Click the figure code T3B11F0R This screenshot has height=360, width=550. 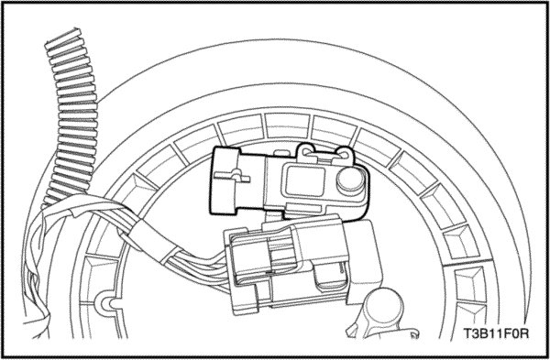[x=496, y=333]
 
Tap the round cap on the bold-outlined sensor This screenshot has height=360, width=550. [x=350, y=180]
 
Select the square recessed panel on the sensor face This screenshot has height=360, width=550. [x=305, y=180]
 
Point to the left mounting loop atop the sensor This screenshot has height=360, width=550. [x=307, y=152]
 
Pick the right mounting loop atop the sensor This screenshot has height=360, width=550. [x=344, y=154]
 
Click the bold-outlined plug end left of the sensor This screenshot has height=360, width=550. [x=225, y=180]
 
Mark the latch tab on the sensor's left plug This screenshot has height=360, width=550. [x=233, y=176]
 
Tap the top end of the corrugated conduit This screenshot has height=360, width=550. [x=63, y=36]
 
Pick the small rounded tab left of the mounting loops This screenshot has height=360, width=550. [x=280, y=153]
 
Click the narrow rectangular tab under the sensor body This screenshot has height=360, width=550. [x=304, y=208]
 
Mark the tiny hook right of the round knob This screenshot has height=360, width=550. [x=414, y=333]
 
